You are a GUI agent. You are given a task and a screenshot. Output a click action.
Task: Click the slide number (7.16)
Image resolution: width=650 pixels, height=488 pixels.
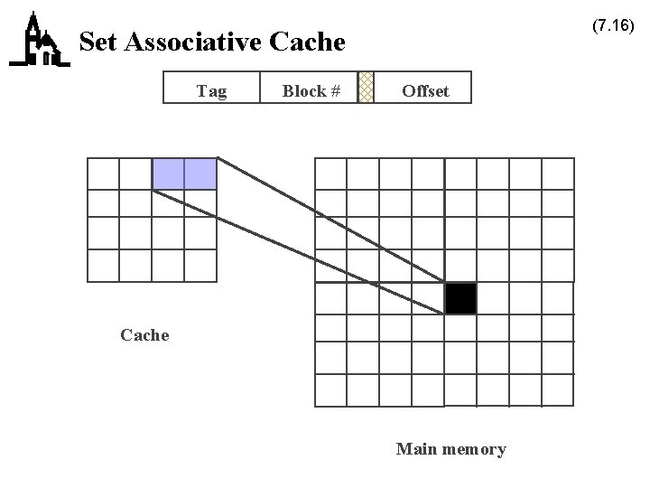(x=613, y=26)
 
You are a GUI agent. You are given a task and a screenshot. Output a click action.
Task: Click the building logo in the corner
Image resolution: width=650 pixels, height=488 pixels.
(x=39, y=41)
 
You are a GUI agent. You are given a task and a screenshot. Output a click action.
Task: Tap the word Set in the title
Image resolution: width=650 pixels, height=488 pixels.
(x=98, y=42)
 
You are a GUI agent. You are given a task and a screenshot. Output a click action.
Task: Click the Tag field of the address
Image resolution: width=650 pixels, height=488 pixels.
(x=211, y=90)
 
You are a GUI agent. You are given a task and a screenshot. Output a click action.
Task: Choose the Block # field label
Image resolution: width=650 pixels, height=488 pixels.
(x=311, y=90)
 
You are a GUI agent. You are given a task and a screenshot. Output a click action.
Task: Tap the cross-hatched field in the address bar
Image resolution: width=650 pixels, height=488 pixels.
(x=366, y=88)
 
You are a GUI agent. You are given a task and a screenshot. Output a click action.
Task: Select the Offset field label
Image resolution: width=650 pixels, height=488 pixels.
(x=425, y=90)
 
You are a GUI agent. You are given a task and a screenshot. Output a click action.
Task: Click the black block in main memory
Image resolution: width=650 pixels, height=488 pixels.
(x=460, y=298)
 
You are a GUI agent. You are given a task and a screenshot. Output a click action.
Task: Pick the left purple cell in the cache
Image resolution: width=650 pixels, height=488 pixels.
(x=168, y=174)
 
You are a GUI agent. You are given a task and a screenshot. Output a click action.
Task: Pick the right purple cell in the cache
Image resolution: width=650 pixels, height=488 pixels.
(x=200, y=174)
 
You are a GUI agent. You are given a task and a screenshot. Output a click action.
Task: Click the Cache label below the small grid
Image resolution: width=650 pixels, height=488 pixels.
(x=144, y=335)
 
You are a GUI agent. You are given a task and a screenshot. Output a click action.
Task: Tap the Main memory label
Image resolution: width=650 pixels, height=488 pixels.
(x=450, y=449)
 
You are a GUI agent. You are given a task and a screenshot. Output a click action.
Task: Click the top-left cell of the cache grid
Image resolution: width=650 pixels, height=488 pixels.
(x=103, y=174)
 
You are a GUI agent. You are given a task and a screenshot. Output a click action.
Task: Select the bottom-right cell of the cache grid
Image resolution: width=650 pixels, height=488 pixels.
(x=200, y=266)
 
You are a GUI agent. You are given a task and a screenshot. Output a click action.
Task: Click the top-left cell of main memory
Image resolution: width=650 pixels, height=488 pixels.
(x=330, y=174)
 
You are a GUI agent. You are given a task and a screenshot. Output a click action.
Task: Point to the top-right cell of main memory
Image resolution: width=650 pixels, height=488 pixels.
(x=558, y=174)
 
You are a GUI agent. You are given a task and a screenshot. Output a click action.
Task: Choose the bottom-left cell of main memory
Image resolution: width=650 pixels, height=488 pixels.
(x=330, y=390)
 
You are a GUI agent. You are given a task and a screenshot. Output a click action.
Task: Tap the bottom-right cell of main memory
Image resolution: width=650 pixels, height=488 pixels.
(x=558, y=390)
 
